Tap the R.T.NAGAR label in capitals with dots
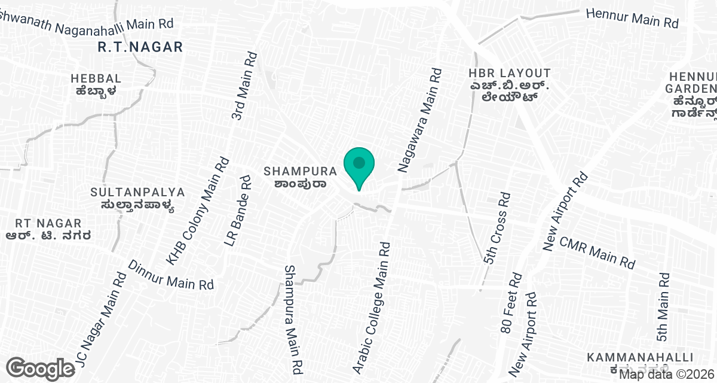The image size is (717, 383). pos(140,47)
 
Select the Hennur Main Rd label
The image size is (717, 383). pos(632,18)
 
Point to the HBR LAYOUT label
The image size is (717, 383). pos(509,73)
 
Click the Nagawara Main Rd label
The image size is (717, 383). pos(421,120)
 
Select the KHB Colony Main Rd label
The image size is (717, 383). pos(198,211)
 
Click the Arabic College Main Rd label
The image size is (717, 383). pos(371,308)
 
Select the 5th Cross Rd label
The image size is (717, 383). pos(497,228)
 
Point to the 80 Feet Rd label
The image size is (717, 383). pos(511,303)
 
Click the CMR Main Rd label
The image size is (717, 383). pos(596,252)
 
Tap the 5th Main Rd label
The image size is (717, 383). pos(663,306)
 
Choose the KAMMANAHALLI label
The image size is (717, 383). pos(640,357)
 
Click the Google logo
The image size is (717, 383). pos(41,368)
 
